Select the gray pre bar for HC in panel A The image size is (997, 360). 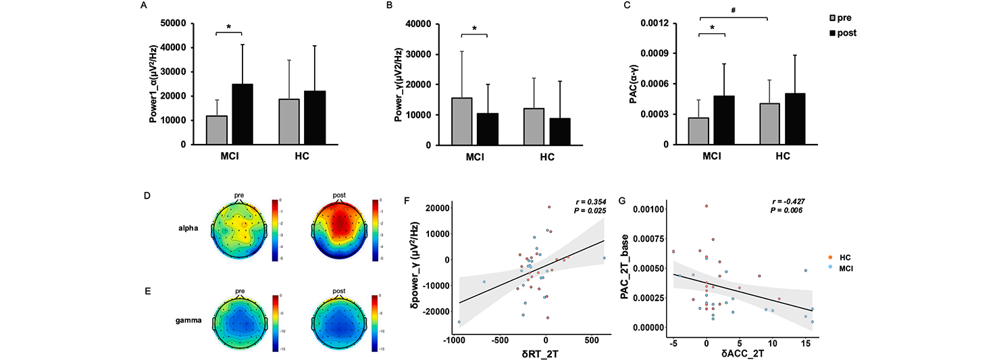click(x=289, y=122)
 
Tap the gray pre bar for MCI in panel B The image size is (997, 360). click(x=461, y=122)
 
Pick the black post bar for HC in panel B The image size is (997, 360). click(x=560, y=131)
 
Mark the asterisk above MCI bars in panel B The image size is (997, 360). click(x=474, y=28)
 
